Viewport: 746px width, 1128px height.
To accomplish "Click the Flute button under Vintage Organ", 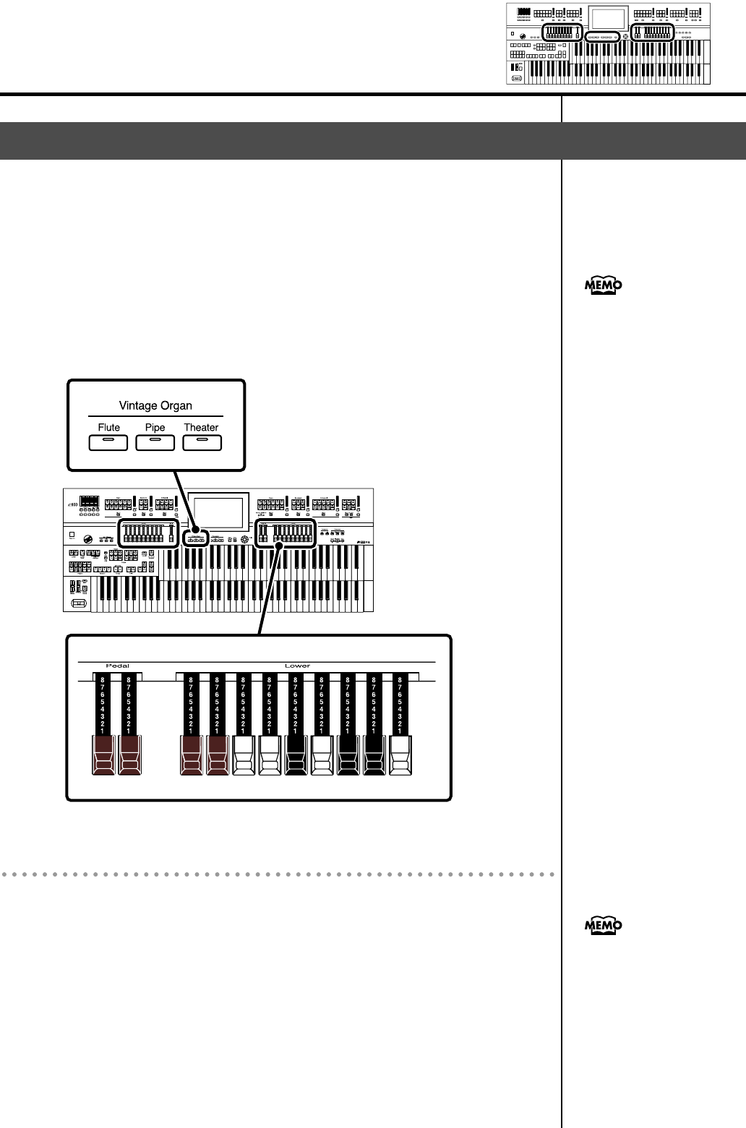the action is tap(108, 442).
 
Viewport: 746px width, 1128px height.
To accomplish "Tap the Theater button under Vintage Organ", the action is tap(202, 442).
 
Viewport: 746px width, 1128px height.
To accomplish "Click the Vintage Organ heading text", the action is tap(155, 405).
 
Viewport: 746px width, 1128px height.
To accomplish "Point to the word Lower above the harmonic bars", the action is tap(297, 666).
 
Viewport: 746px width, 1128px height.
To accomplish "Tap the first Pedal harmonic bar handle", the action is tap(103, 755).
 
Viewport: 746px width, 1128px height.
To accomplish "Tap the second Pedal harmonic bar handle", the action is tap(130, 755).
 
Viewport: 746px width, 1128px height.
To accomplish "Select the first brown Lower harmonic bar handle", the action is tap(192, 755).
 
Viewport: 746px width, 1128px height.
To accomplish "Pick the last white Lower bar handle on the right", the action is tap(400, 755).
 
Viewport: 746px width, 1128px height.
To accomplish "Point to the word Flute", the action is tap(108, 427).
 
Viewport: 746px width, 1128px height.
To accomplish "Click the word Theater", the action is tap(201, 427).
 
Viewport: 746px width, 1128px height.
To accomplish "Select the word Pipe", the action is tap(155, 427).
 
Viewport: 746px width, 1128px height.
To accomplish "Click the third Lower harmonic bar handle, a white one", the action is tap(244, 755).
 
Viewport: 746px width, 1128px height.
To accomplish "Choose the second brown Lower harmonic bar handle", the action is tap(218, 755).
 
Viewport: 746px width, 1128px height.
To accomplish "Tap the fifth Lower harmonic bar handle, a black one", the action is tap(296, 755).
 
